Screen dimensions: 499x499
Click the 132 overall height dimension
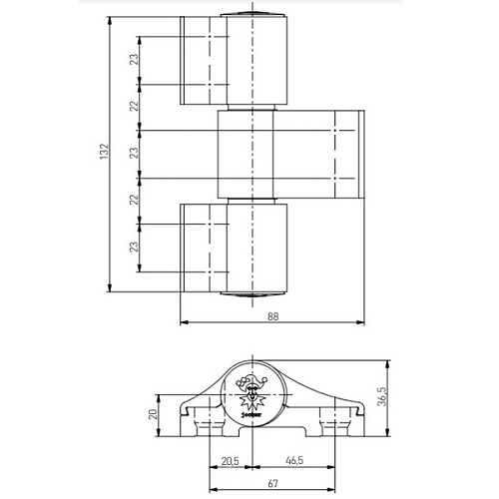[x=102, y=151]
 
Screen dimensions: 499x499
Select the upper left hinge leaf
[x=204, y=60]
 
